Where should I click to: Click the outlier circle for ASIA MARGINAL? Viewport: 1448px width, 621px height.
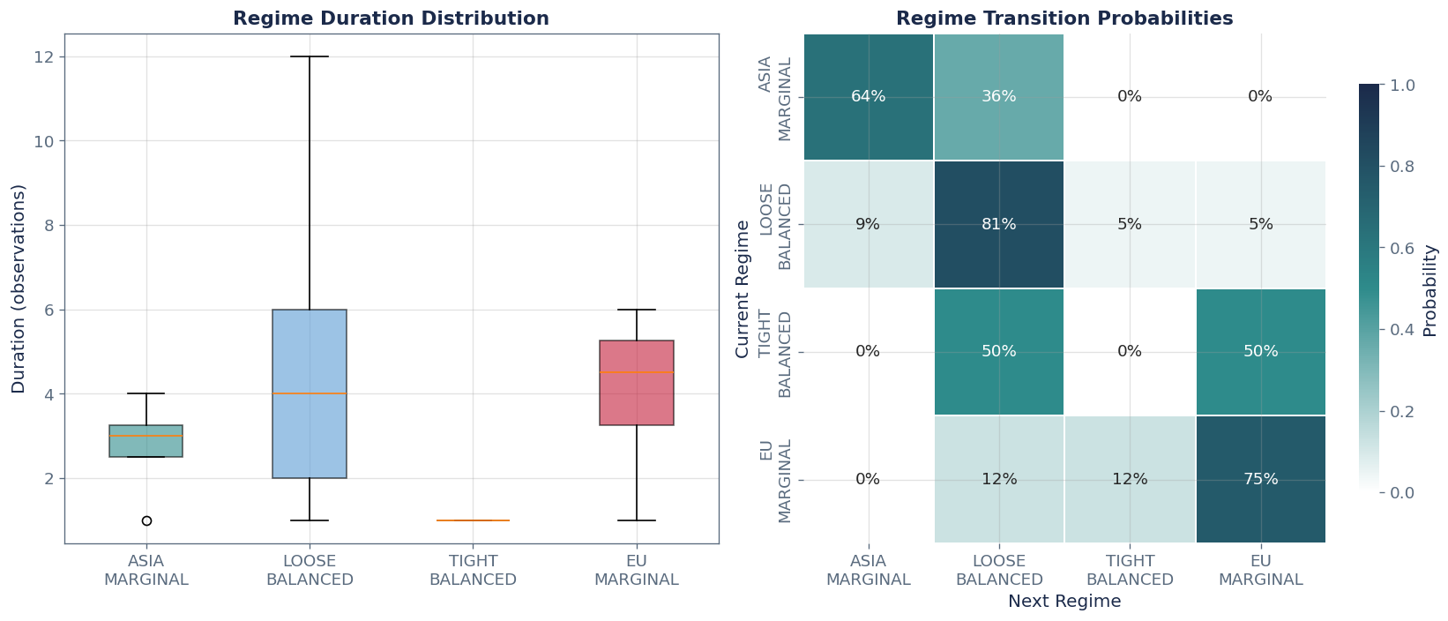point(146,520)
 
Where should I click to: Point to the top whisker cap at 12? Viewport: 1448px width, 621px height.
point(310,56)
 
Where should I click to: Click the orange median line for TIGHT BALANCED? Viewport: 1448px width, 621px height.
point(474,520)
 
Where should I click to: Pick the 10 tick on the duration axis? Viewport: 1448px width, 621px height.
point(42,141)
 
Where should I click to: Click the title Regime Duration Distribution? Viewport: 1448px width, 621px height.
point(391,19)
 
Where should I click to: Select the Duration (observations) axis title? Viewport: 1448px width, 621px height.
point(19,288)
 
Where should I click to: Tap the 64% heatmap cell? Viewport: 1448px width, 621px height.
point(869,97)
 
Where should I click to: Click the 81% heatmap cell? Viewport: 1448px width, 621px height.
point(999,224)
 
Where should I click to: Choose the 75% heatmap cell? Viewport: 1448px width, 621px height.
point(1260,479)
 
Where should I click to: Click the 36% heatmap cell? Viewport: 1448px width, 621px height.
point(999,97)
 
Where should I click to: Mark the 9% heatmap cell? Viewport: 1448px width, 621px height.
point(869,224)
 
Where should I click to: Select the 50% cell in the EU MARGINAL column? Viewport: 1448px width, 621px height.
point(1260,351)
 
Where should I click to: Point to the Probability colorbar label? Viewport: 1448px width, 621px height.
point(1430,288)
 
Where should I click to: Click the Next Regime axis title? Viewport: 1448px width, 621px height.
point(1064,602)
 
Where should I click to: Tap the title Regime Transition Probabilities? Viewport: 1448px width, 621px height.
point(1064,19)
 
